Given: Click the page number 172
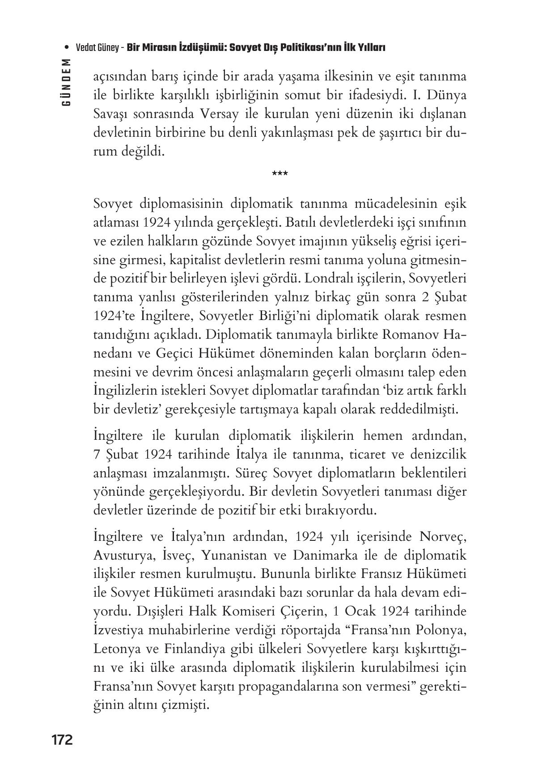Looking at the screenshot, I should (62, 740).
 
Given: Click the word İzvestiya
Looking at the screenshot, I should (123, 630).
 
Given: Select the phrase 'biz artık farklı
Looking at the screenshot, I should (415, 391).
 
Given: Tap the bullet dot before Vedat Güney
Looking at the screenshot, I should (67, 48).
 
